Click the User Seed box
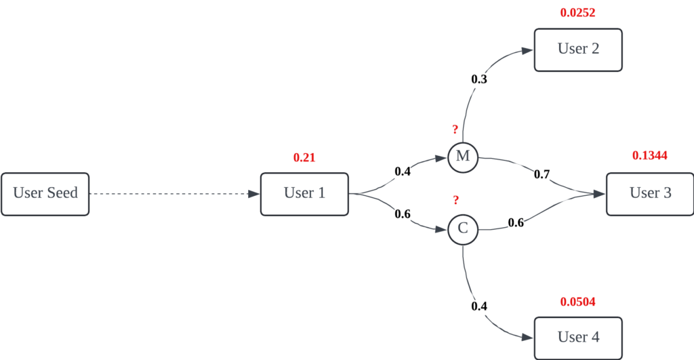point(45,194)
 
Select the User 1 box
point(304,194)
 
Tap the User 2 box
point(578,49)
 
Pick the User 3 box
point(650,194)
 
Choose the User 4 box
point(578,338)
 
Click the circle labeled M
point(463,157)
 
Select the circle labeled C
point(463,228)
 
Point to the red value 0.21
point(304,158)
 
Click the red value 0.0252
point(578,12)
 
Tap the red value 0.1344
point(650,156)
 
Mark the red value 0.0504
point(578,302)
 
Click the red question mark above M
point(455,129)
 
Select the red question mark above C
point(456,200)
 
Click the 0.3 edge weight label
point(479,79)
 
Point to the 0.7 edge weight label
point(542,175)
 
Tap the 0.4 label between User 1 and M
point(403,172)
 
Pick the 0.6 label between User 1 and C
point(403,214)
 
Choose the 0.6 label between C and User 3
point(516,222)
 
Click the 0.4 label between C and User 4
point(479,306)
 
